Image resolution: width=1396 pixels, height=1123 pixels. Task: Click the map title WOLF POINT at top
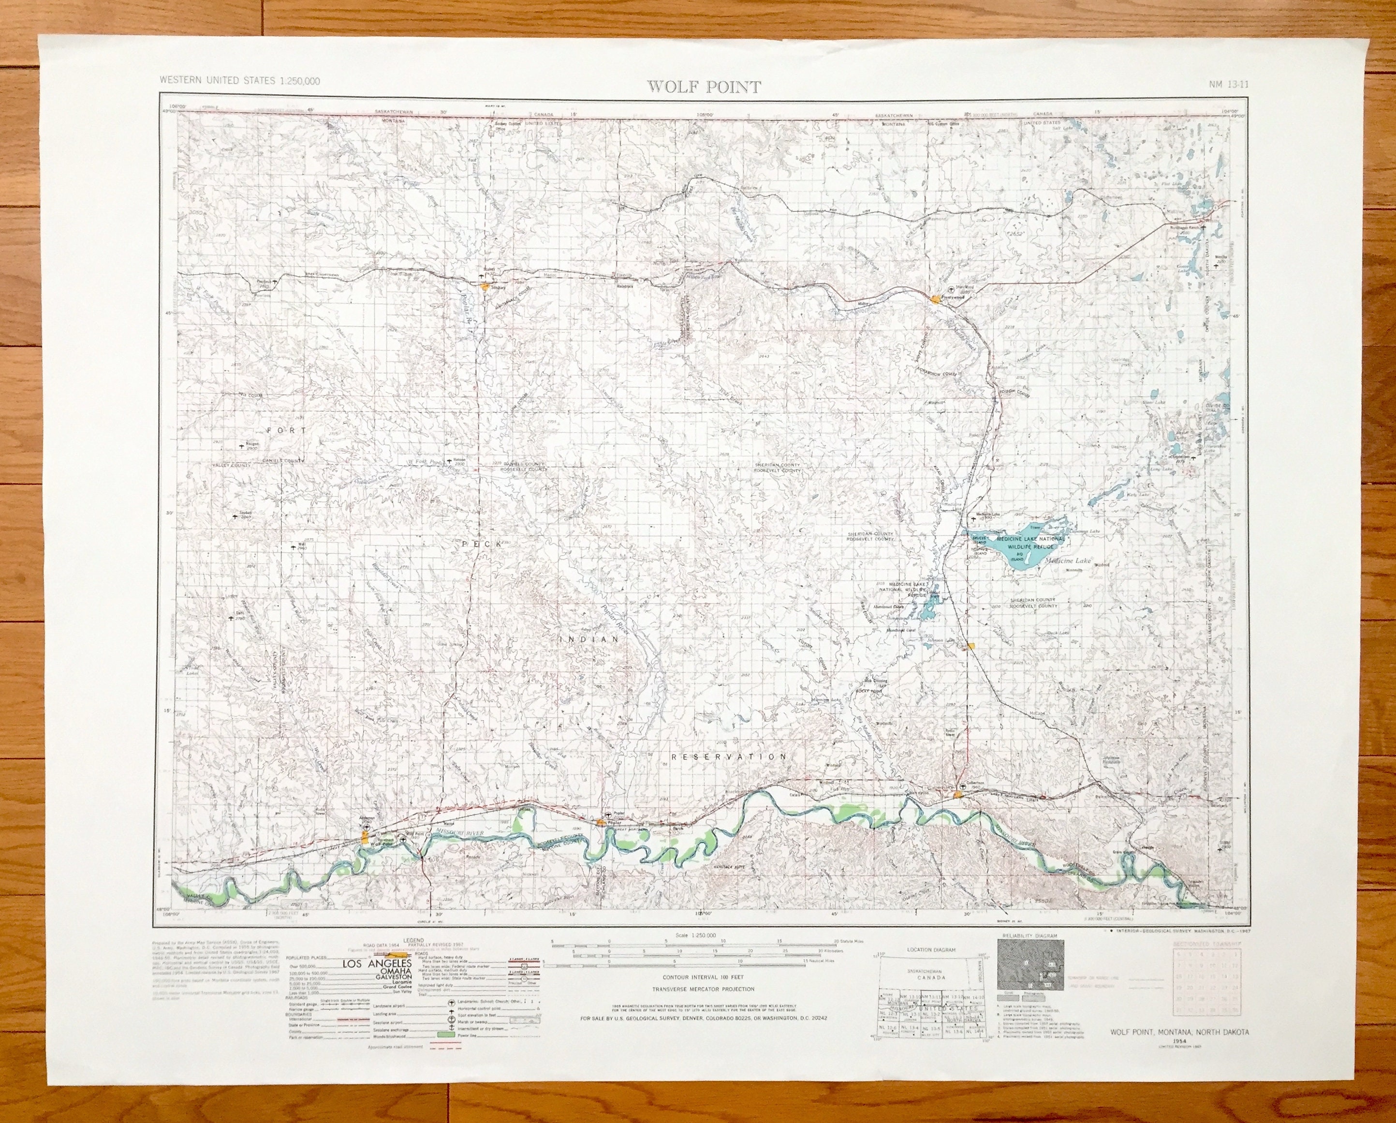click(704, 87)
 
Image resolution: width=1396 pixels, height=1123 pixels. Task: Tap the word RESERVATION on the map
click(729, 756)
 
